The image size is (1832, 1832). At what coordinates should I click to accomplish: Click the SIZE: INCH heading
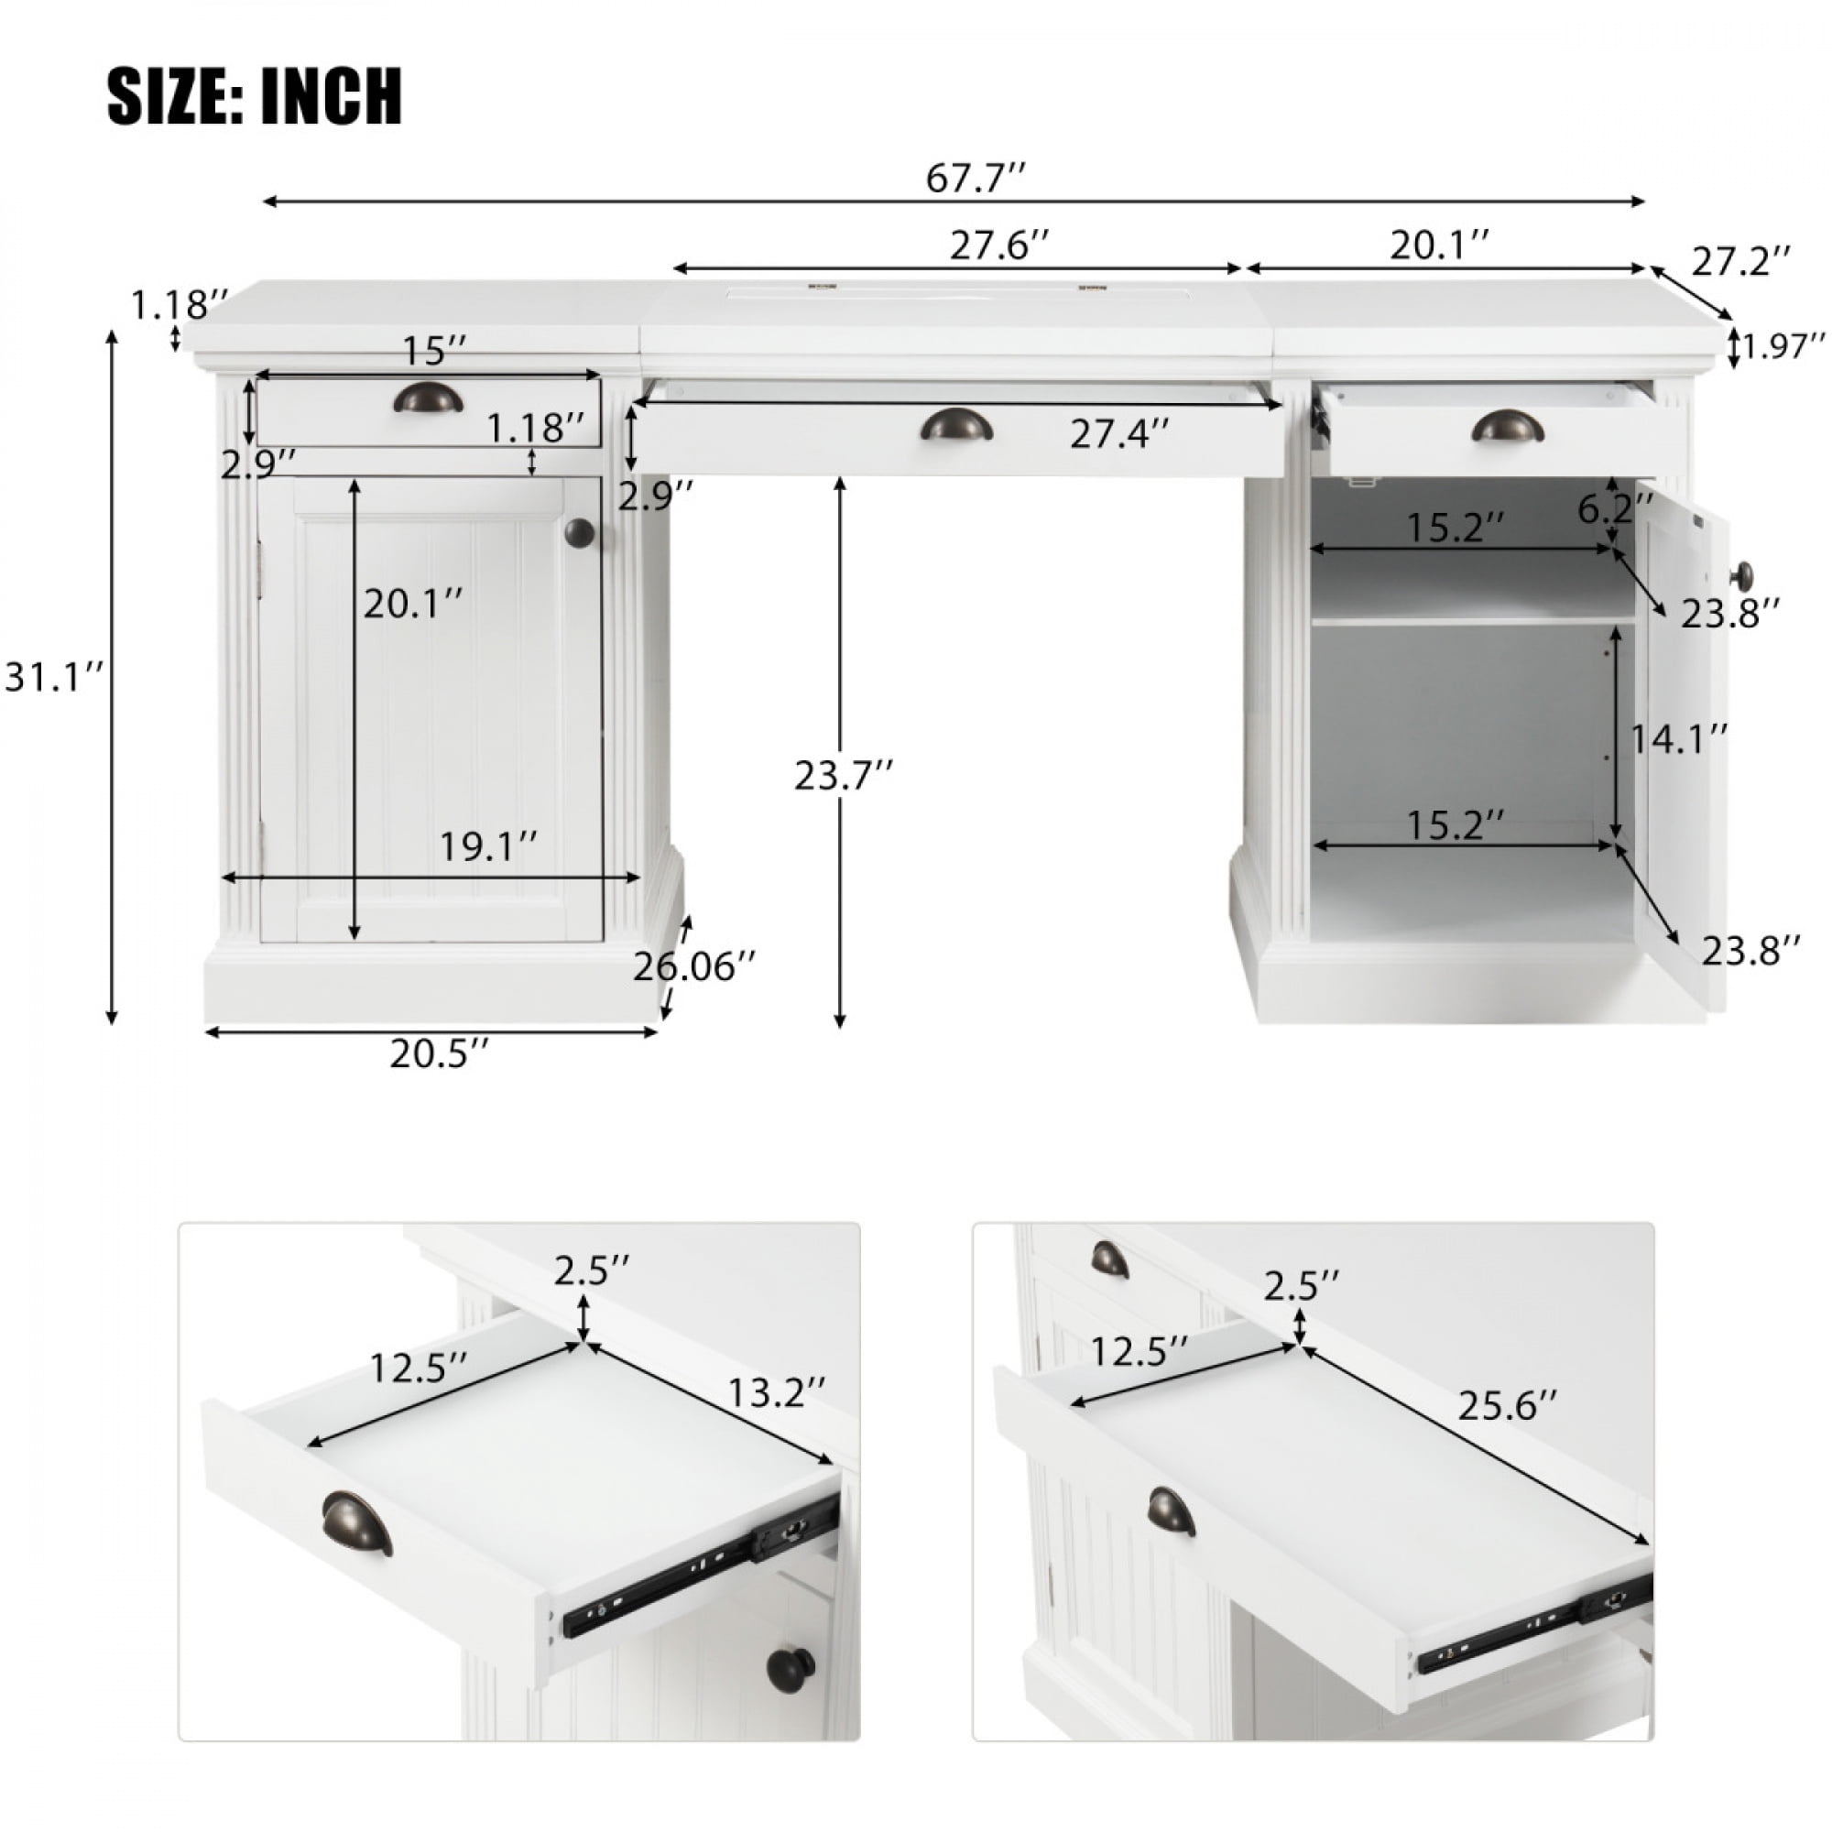pos(255,96)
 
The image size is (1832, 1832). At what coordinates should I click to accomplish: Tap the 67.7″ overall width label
pos(976,178)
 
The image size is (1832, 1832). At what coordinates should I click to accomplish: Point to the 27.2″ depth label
pos(1742,261)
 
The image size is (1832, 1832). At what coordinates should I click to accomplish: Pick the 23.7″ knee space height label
pos(844,775)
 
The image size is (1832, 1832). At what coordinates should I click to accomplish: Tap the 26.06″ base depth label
pos(695,967)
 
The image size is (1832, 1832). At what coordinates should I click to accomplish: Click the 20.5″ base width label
pos(440,1053)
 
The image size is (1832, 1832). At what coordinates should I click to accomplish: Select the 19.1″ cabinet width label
pos(489,846)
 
